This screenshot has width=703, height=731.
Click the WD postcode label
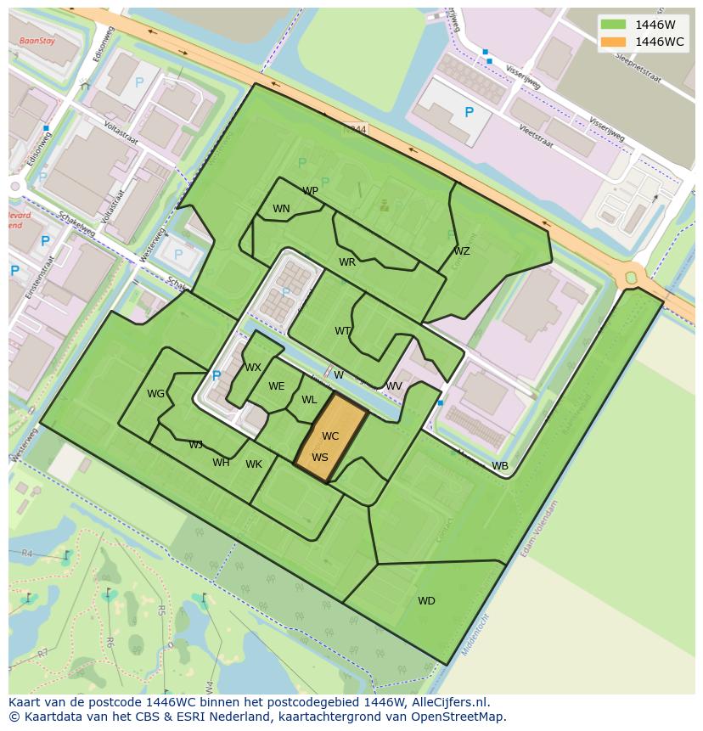426,601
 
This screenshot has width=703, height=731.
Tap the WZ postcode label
461,251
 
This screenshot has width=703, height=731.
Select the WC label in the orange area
330,436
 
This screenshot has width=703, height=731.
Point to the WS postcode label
319,458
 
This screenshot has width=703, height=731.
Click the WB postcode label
500,466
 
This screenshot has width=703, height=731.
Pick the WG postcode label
155,394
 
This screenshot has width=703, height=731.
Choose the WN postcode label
281,209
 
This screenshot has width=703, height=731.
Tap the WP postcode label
310,191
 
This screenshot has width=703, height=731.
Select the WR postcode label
347,262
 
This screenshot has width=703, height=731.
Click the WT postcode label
342,331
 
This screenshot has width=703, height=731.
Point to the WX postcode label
253,368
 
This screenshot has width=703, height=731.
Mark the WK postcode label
254,464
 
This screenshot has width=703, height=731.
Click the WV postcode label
394,386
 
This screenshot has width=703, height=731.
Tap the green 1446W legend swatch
612,25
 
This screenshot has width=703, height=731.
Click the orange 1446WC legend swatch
612,42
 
